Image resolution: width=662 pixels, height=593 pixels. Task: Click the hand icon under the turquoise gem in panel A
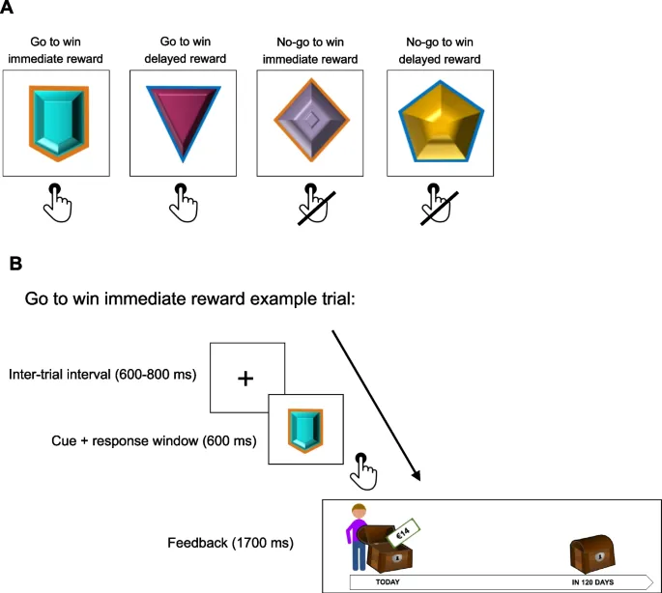pyautogui.click(x=58, y=202)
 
